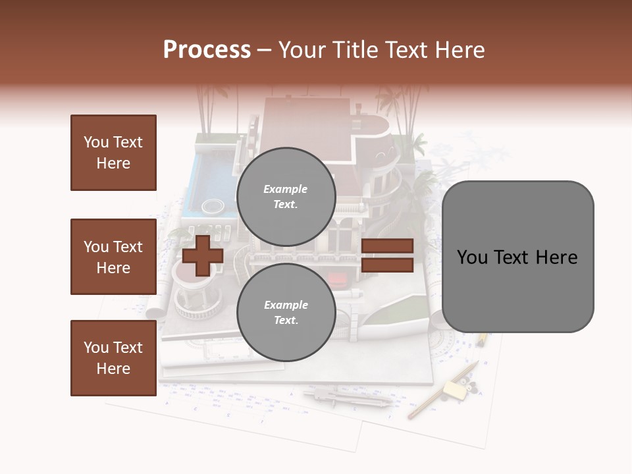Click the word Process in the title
tap(207, 50)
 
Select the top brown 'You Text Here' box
tap(113, 153)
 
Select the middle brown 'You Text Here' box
tap(113, 257)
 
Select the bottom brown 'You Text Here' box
tap(113, 358)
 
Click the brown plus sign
tap(203, 255)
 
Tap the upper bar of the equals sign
tap(387, 246)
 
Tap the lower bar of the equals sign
tap(387, 265)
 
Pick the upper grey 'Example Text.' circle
tap(286, 196)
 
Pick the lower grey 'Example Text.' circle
tap(286, 312)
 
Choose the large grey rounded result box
tap(517, 256)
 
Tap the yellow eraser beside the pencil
tap(454, 390)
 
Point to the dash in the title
tap(265, 50)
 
